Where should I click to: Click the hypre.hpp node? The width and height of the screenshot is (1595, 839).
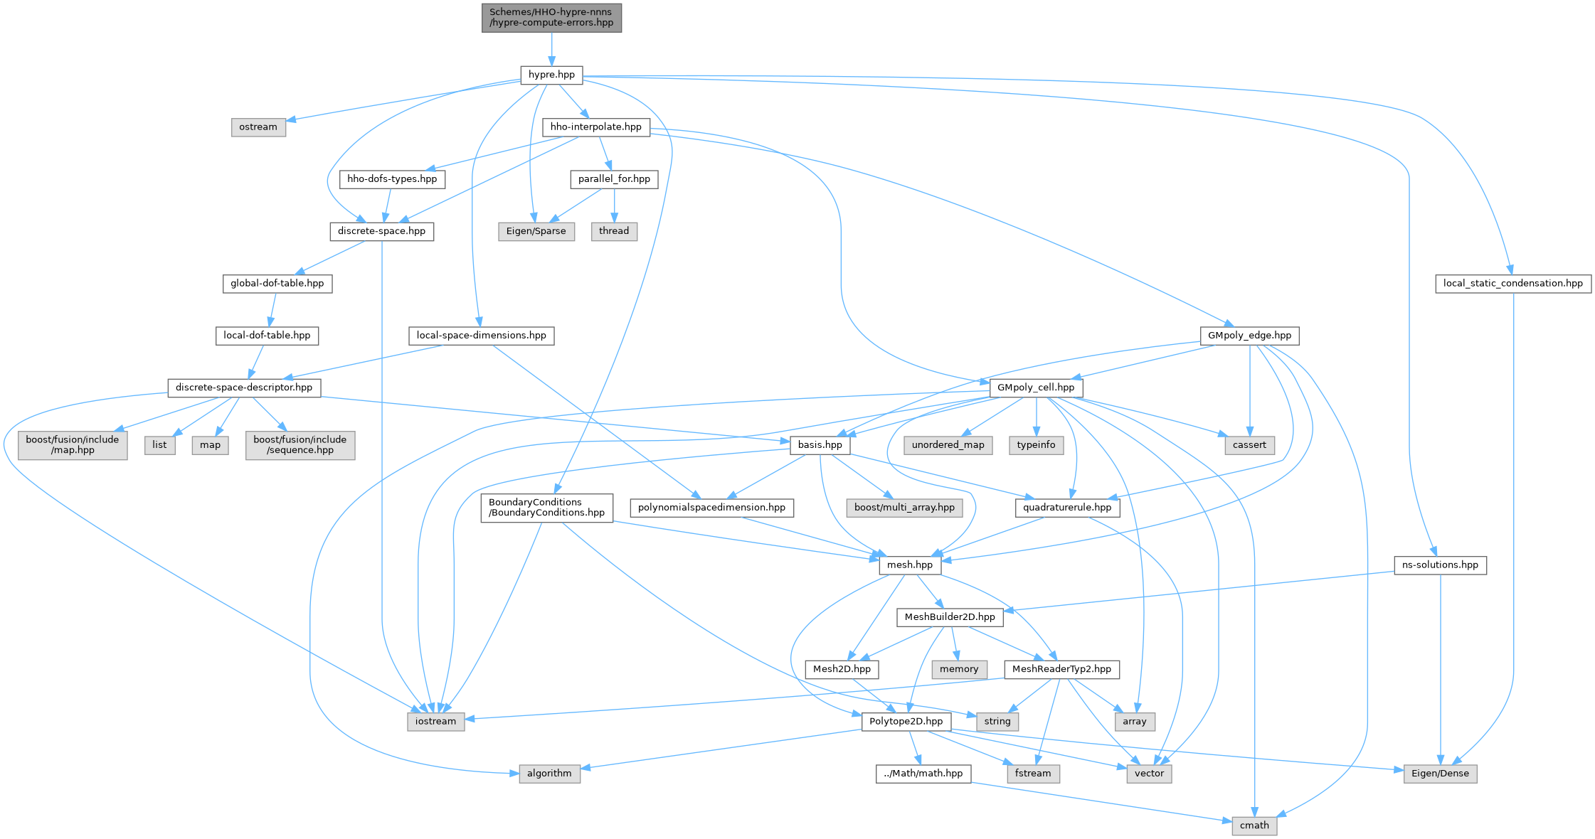(x=551, y=75)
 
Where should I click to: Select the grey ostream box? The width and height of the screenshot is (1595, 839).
(x=258, y=127)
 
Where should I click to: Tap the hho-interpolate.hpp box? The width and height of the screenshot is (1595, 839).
(x=596, y=127)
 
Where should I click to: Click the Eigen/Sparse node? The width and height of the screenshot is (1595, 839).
(x=536, y=231)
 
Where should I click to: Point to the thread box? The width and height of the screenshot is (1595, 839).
(x=614, y=231)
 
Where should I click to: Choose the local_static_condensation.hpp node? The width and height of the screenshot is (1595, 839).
(x=1513, y=283)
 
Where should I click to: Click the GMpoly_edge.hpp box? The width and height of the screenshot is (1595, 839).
(x=1249, y=336)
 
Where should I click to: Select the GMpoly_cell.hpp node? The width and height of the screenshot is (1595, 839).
(x=1036, y=388)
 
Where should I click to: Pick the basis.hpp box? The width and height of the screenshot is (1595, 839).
(x=820, y=445)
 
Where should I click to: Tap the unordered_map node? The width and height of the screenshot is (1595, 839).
(x=948, y=445)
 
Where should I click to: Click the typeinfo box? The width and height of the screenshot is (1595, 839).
(x=1036, y=445)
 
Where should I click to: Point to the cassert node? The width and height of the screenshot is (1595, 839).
(x=1249, y=445)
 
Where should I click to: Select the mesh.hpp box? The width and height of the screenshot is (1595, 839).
(x=910, y=565)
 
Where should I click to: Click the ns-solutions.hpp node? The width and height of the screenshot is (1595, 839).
(x=1440, y=565)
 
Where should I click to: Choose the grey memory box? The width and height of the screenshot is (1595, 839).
(x=959, y=669)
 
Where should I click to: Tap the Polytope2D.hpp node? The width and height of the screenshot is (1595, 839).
(x=906, y=721)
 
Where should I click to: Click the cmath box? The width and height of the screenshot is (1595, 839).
(x=1254, y=825)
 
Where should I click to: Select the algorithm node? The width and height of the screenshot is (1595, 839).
(x=549, y=774)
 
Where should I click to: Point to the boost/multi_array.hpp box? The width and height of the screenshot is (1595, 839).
(x=904, y=508)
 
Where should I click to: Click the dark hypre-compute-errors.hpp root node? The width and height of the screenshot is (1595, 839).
(x=551, y=18)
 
